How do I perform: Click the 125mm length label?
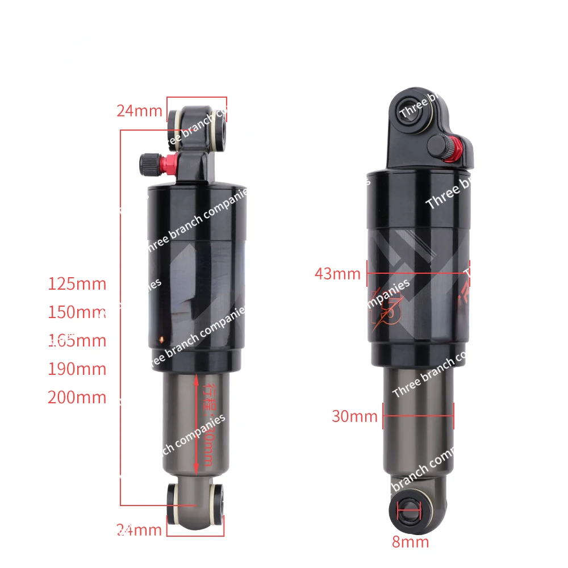(x=77, y=283)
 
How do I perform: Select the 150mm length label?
(x=77, y=312)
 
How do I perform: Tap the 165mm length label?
(x=77, y=340)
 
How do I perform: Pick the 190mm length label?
(x=77, y=369)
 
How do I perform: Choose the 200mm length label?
(x=77, y=397)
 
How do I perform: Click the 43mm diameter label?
(x=337, y=274)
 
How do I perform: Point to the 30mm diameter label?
(x=354, y=416)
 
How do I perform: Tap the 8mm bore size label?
(x=410, y=541)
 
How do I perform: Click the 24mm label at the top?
(x=139, y=110)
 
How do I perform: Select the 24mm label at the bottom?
(x=139, y=531)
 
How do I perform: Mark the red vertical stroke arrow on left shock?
(x=196, y=423)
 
